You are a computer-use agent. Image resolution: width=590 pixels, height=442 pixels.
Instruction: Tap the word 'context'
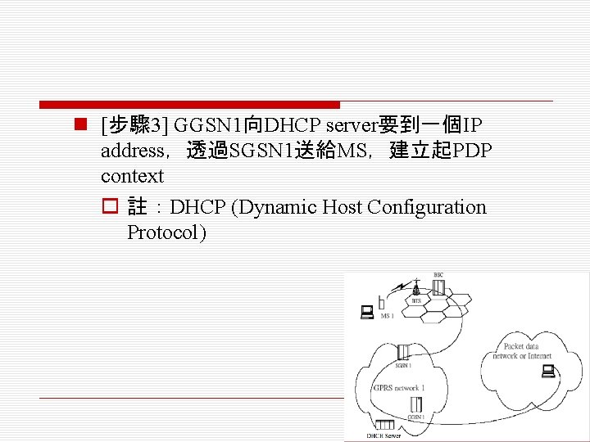[132, 176]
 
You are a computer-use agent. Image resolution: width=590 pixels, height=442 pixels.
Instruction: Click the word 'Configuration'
[427, 207]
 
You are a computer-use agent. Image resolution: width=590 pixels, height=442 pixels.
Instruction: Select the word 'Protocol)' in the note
[167, 232]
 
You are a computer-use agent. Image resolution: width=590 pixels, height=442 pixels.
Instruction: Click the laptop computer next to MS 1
[366, 311]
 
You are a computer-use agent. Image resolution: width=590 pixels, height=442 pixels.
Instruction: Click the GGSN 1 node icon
[416, 404]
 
